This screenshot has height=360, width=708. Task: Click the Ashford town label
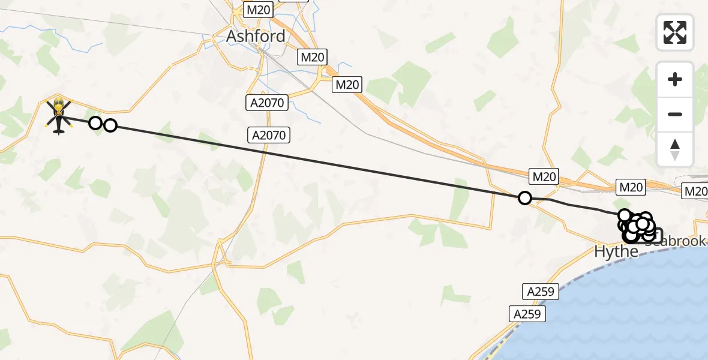(x=256, y=36)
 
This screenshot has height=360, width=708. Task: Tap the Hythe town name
(x=616, y=251)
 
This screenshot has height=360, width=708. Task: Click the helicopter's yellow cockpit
(x=59, y=107)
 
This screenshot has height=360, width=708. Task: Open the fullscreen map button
(x=675, y=32)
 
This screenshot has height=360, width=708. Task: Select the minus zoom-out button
(x=675, y=114)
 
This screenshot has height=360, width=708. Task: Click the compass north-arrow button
(x=675, y=149)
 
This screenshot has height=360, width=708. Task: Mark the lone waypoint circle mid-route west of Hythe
(x=525, y=198)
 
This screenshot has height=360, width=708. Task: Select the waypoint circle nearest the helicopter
(x=95, y=123)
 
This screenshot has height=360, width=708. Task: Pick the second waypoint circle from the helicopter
(x=110, y=125)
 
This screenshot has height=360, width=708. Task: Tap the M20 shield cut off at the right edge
(x=695, y=191)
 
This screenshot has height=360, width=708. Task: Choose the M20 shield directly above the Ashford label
(x=259, y=10)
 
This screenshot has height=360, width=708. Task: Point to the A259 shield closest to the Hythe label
(x=540, y=292)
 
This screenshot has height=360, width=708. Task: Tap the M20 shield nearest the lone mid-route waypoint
(x=544, y=176)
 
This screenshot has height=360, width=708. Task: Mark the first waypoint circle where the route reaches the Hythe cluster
(x=625, y=215)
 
